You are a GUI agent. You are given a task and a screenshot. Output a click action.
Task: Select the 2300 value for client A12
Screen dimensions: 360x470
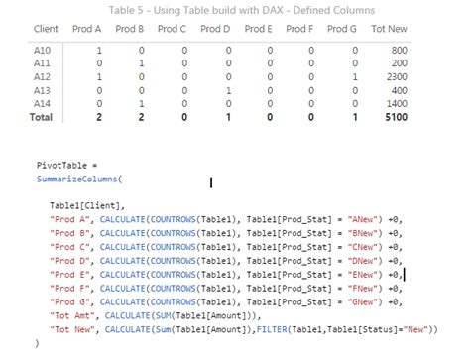[x=394, y=76]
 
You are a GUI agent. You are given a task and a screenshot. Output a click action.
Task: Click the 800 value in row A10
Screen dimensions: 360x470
[x=398, y=50]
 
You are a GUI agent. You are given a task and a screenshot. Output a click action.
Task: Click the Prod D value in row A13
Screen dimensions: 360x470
[x=228, y=89]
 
